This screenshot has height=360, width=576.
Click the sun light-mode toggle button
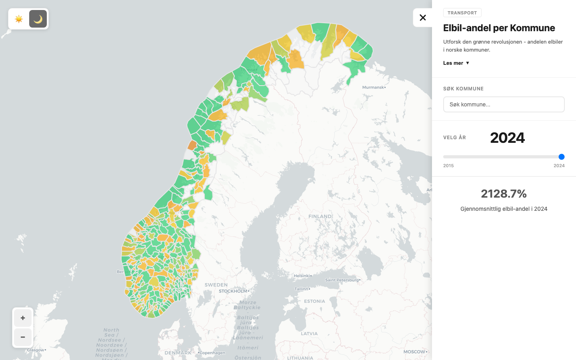pos(19,19)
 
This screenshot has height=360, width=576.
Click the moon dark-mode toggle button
pos(38,19)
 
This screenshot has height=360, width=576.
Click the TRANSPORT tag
pos(462,13)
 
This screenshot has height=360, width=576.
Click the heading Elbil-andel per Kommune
pos(499,28)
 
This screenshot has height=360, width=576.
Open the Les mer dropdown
pos(456,63)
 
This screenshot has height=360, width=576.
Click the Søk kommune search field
pos(504,104)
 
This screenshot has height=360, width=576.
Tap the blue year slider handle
pos(561,157)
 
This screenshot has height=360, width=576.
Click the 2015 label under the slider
pos(448,166)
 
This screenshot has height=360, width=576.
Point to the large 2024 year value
pos(507,138)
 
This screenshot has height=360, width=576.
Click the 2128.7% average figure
pos(504,194)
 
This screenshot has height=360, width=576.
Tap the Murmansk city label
pos(373,87)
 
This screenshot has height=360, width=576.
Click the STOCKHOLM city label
pos(233,291)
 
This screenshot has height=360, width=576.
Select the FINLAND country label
pos(320,216)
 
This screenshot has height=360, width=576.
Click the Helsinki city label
pos(302,276)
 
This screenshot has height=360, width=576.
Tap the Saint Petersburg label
pos(342,280)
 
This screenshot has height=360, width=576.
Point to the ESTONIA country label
pos(314,301)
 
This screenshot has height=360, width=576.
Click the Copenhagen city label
pos(212,353)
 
